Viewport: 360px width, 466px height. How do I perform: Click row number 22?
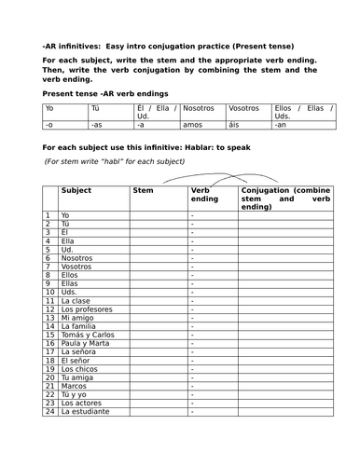click(48, 393)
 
